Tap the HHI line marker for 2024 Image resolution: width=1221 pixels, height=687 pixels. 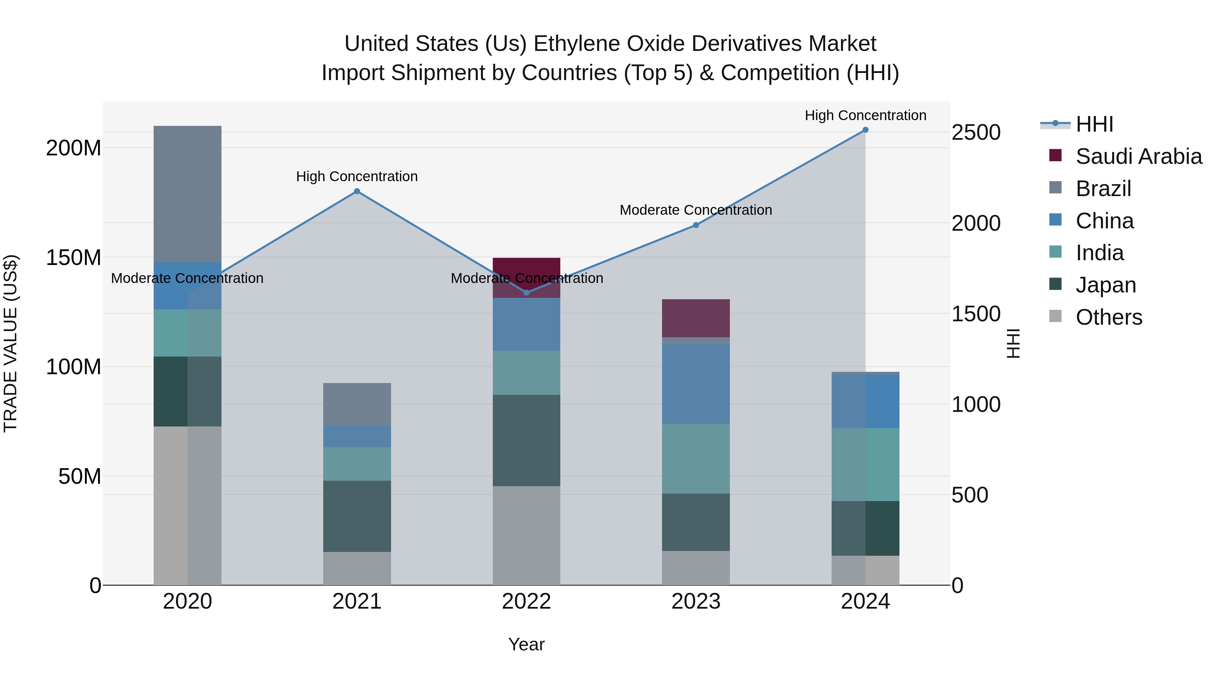click(865, 130)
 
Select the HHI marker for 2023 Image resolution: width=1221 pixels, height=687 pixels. click(696, 225)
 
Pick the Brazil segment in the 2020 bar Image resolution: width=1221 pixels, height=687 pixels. click(187, 194)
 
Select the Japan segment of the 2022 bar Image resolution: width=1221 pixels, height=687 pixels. click(526, 440)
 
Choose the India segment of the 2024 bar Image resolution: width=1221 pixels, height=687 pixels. click(865, 465)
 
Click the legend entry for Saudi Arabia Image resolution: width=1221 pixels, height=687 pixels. click(1139, 156)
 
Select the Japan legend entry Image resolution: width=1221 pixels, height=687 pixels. click(1105, 285)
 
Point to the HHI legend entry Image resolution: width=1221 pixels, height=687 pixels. click(1094, 124)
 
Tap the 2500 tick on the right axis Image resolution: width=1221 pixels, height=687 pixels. click(976, 132)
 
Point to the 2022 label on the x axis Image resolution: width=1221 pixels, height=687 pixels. click(526, 602)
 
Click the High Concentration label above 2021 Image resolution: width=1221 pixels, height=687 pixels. click(357, 176)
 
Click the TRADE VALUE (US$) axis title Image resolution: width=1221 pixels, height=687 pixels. click(11, 343)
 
